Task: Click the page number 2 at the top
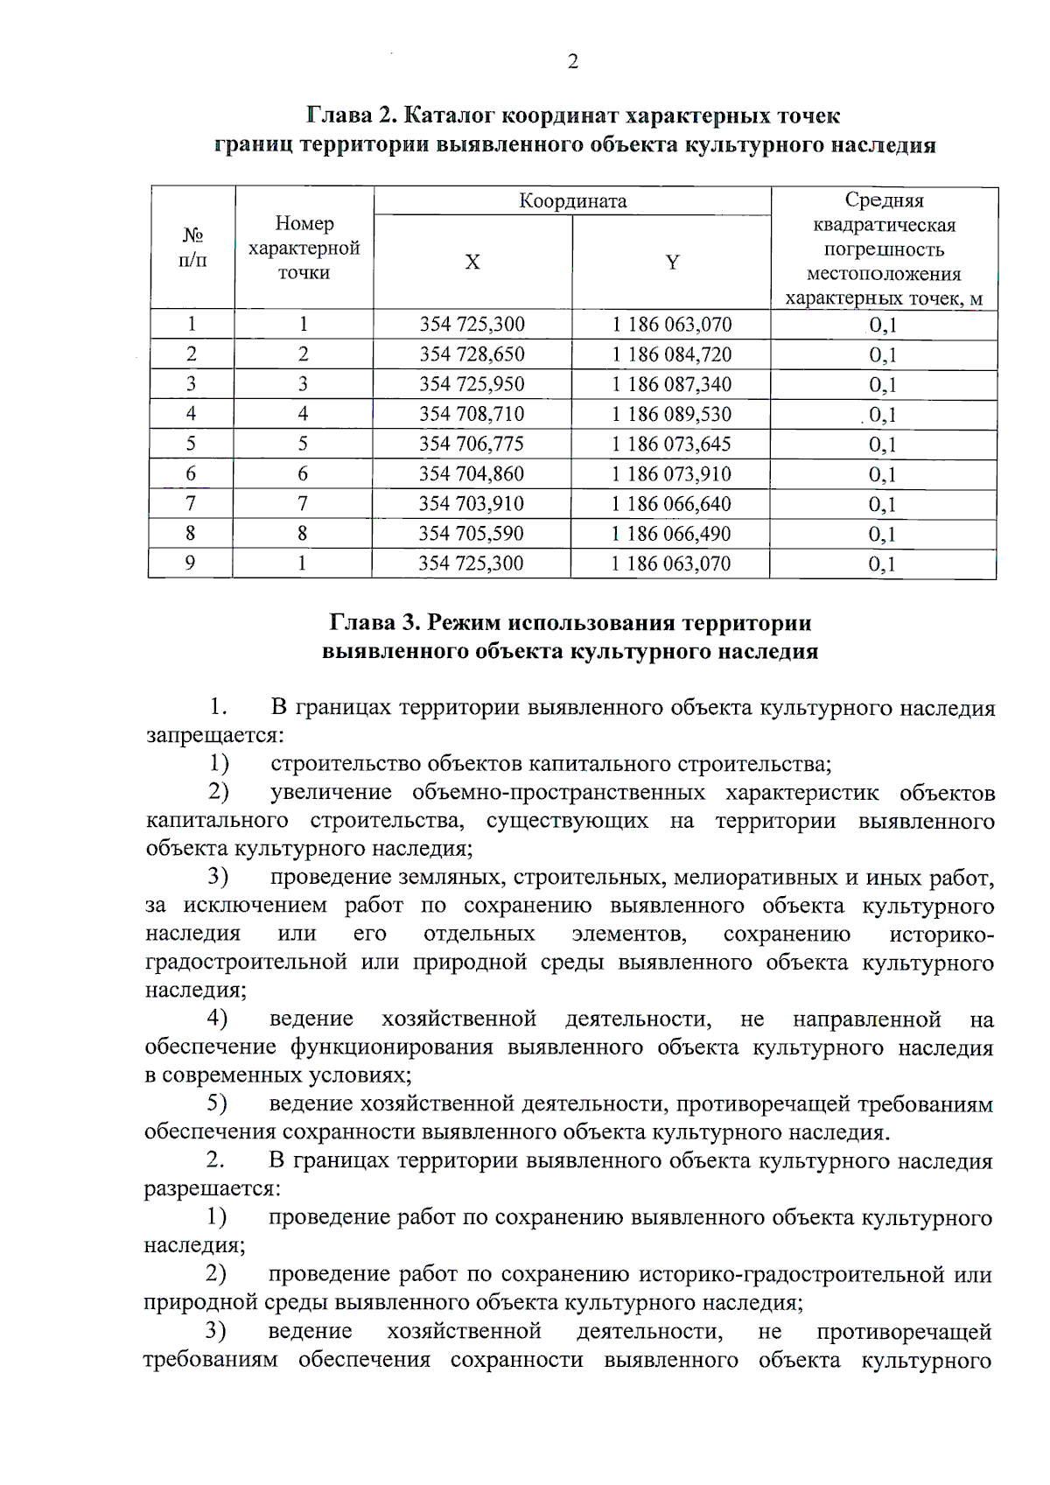(x=572, y=62)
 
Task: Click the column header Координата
(x=572, y=201)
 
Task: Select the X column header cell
(x=472, y=263)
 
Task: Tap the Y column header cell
(x=672, y=263)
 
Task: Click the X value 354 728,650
(x=472, y=354)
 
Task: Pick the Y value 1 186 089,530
(x=671, y=414)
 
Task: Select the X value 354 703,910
(x=472, y=504)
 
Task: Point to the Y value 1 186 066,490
(x=671, y=534)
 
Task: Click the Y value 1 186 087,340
(x=671, y=384)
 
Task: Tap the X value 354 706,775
(x=472, y=444)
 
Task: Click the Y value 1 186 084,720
(x=671, y=354)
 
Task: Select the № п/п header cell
(x=192, y=248)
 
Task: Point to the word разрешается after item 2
(x=211, y=1190)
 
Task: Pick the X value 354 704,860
(x=472, y=474)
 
